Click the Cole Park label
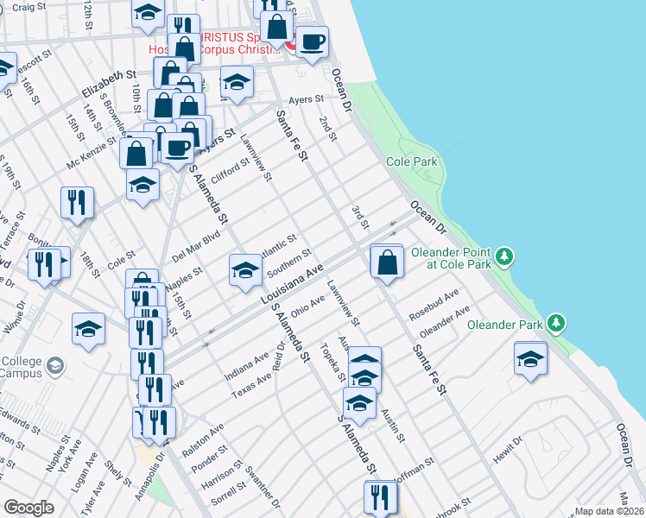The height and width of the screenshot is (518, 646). [413, 161]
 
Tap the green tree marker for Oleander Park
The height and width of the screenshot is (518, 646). [558, 324]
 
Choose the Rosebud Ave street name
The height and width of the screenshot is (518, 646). [434, 299]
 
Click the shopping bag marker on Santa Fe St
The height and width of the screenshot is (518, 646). [387, 262]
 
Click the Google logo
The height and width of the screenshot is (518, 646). [28, 508]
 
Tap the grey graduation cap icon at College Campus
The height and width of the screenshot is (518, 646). [55, 366]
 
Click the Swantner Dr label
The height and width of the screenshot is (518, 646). [263, 490]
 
